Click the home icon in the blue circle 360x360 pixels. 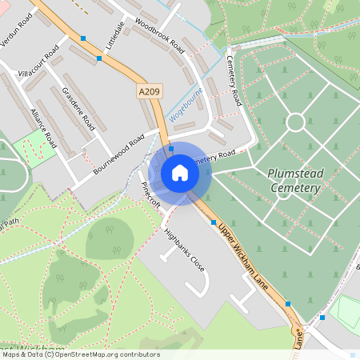(x=180, y=173)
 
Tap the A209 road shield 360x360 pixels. (x=150, y=92)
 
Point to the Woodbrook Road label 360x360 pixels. (x=159, y=36)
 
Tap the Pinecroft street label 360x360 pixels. (x=150, y=194)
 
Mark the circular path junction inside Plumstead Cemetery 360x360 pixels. (x=295, y=122)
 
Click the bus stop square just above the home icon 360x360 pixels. (x=170, y=149)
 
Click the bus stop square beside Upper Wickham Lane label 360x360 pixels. (x=214, y=223)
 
